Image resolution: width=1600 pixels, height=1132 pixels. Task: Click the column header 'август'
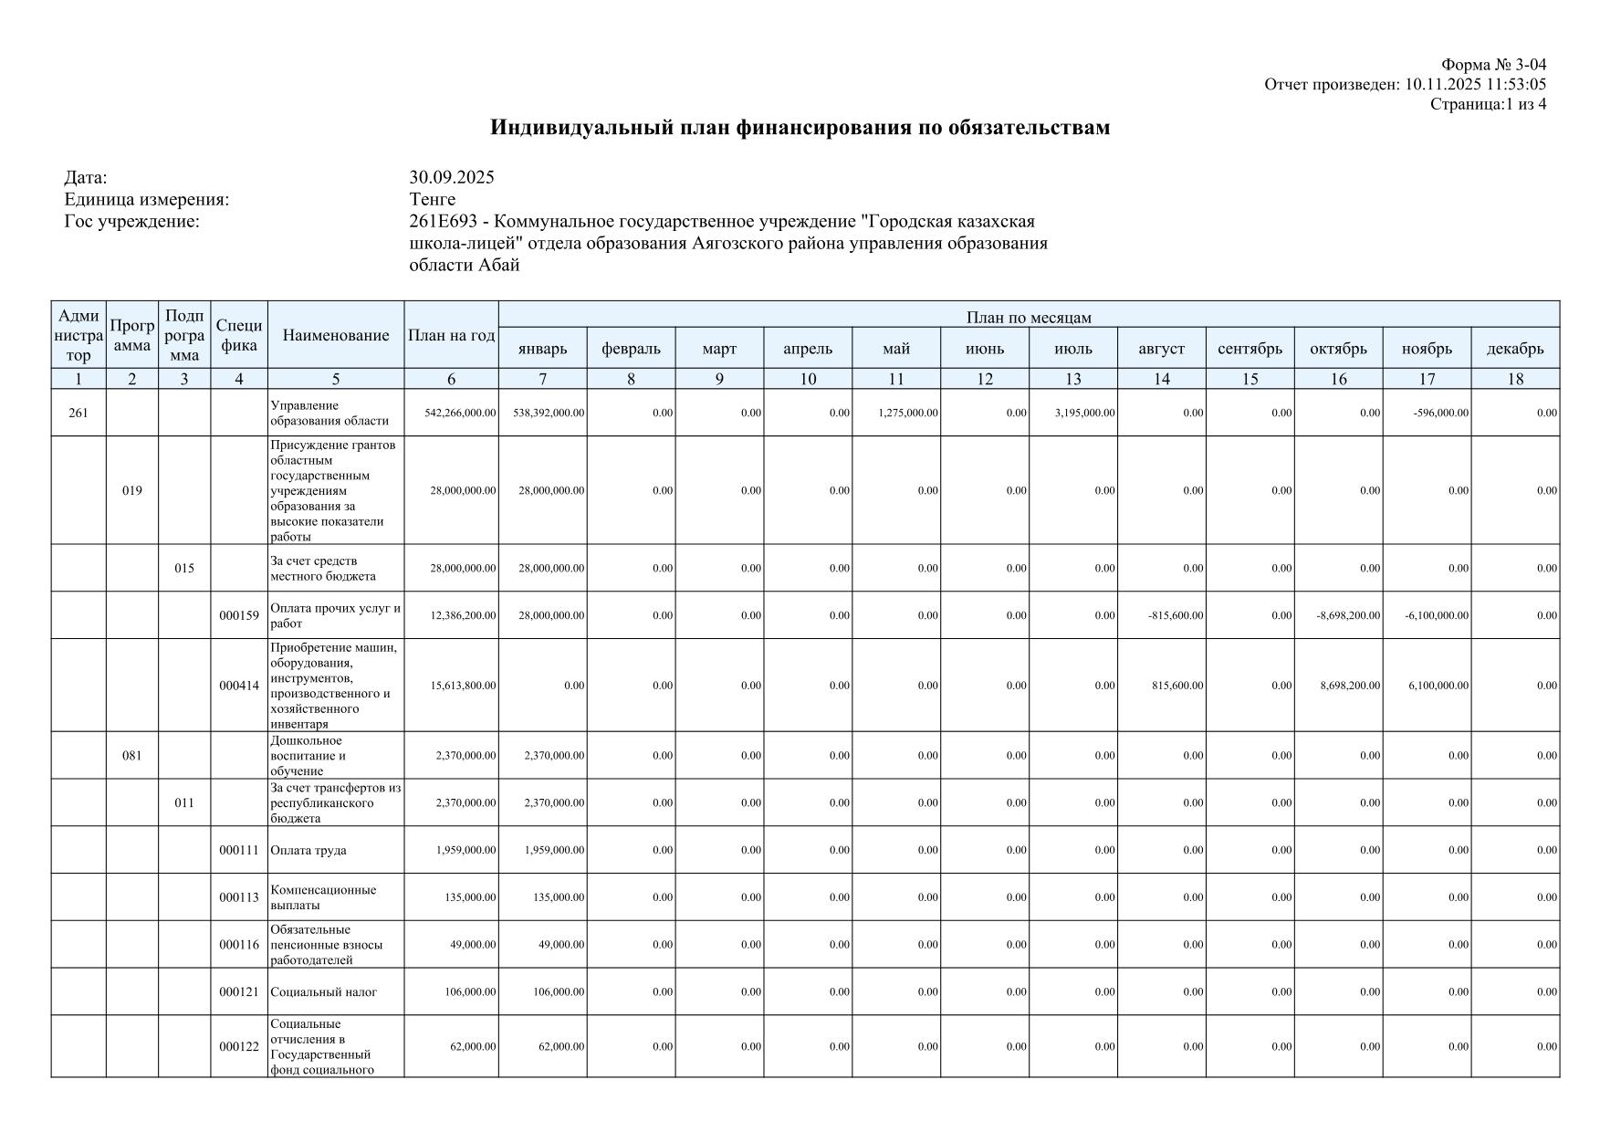point(1161,349)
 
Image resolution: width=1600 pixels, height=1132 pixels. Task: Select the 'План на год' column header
point(451,335)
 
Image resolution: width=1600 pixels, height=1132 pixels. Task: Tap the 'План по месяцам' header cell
point(1029,317)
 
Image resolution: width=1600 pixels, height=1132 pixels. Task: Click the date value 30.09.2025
point(452,177)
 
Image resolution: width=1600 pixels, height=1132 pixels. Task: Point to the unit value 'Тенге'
point(433,199)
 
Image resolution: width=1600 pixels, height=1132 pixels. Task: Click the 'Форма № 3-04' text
point(1493,65)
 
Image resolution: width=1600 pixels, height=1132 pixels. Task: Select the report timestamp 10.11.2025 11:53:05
point(1475,85)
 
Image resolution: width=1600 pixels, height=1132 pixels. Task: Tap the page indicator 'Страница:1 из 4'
point(1488,104)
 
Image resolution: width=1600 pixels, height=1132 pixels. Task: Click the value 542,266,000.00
point(461,413)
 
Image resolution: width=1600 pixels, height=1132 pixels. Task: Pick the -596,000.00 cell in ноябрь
point(1438,413)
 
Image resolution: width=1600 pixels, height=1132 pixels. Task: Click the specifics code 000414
point(239,686)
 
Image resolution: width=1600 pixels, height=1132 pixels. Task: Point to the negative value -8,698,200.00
point(1348,615)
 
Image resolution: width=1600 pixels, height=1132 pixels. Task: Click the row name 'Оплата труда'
point(308,851)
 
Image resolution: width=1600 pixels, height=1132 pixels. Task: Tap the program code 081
point(132,756)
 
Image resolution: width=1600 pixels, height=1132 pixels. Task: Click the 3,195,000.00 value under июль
point(1084,413)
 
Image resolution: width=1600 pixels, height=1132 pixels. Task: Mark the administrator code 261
point(78,414)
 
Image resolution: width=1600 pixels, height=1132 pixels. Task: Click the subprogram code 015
point(184,569)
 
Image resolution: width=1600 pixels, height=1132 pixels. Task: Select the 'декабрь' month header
point(1515,349)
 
